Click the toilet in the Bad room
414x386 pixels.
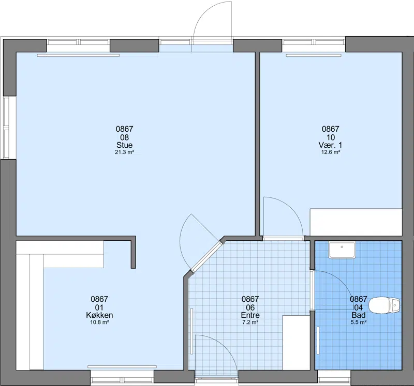384,305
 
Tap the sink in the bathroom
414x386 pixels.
342,250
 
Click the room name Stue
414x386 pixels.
124,145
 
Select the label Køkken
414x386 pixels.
99,315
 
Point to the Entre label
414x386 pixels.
250,315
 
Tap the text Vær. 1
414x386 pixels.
330,145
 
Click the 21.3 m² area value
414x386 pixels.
124,152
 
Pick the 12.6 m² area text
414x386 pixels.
330,152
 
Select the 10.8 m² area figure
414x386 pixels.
99,322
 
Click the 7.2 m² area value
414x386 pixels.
250,322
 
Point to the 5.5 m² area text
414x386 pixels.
358,322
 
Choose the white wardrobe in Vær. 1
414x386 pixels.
356,222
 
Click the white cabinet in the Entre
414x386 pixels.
296,343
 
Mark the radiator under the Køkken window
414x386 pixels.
122,366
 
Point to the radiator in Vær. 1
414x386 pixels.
314,55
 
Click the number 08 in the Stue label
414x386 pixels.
124,137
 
